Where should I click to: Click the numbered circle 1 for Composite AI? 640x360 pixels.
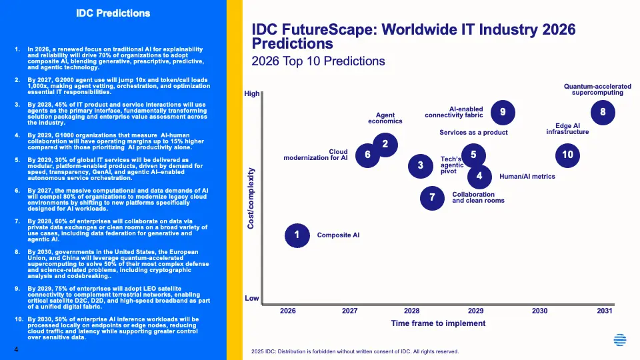(297, 235)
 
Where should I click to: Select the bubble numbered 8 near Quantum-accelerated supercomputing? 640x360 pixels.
(603, 112)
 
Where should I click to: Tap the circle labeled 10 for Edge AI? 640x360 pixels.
(567, 155)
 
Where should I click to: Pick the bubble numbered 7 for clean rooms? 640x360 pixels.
(432, 197)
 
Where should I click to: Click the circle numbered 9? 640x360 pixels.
(503, 112)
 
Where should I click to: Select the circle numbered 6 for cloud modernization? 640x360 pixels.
(367, 155)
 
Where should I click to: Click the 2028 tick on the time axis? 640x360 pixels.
(411, 311)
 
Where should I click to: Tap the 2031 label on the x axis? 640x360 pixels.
(603, 311)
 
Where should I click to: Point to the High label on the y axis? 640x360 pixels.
(251, 94)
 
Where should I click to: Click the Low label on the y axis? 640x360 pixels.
(251, 298)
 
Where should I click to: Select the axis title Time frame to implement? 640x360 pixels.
(437, 323)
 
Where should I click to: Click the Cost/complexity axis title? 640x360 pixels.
(251, 197)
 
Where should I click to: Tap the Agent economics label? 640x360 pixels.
(385, 118)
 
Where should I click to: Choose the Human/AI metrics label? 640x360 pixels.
(527, 177)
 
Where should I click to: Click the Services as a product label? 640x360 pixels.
(473, 133)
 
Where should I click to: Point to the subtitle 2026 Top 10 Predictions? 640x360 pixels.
(318, 61)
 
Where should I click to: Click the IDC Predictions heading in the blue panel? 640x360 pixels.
(113, 13)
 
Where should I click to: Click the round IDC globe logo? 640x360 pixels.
(620, 341)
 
